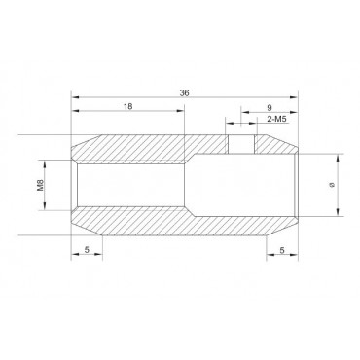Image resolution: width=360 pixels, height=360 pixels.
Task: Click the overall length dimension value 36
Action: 184,92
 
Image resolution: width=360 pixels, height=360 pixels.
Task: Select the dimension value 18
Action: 128,106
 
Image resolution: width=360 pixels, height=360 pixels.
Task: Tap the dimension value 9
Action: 270,107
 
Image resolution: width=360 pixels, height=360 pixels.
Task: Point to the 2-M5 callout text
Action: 276,119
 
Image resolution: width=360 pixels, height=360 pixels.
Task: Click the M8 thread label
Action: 40,185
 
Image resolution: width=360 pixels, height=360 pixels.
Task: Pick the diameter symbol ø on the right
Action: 331,185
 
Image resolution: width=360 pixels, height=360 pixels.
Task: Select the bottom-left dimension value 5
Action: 87,250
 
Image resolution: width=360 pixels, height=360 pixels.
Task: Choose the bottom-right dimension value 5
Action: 282,250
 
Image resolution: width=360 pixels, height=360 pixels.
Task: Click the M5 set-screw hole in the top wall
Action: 241,144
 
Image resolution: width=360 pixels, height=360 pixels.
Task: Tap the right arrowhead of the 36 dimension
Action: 294,97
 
